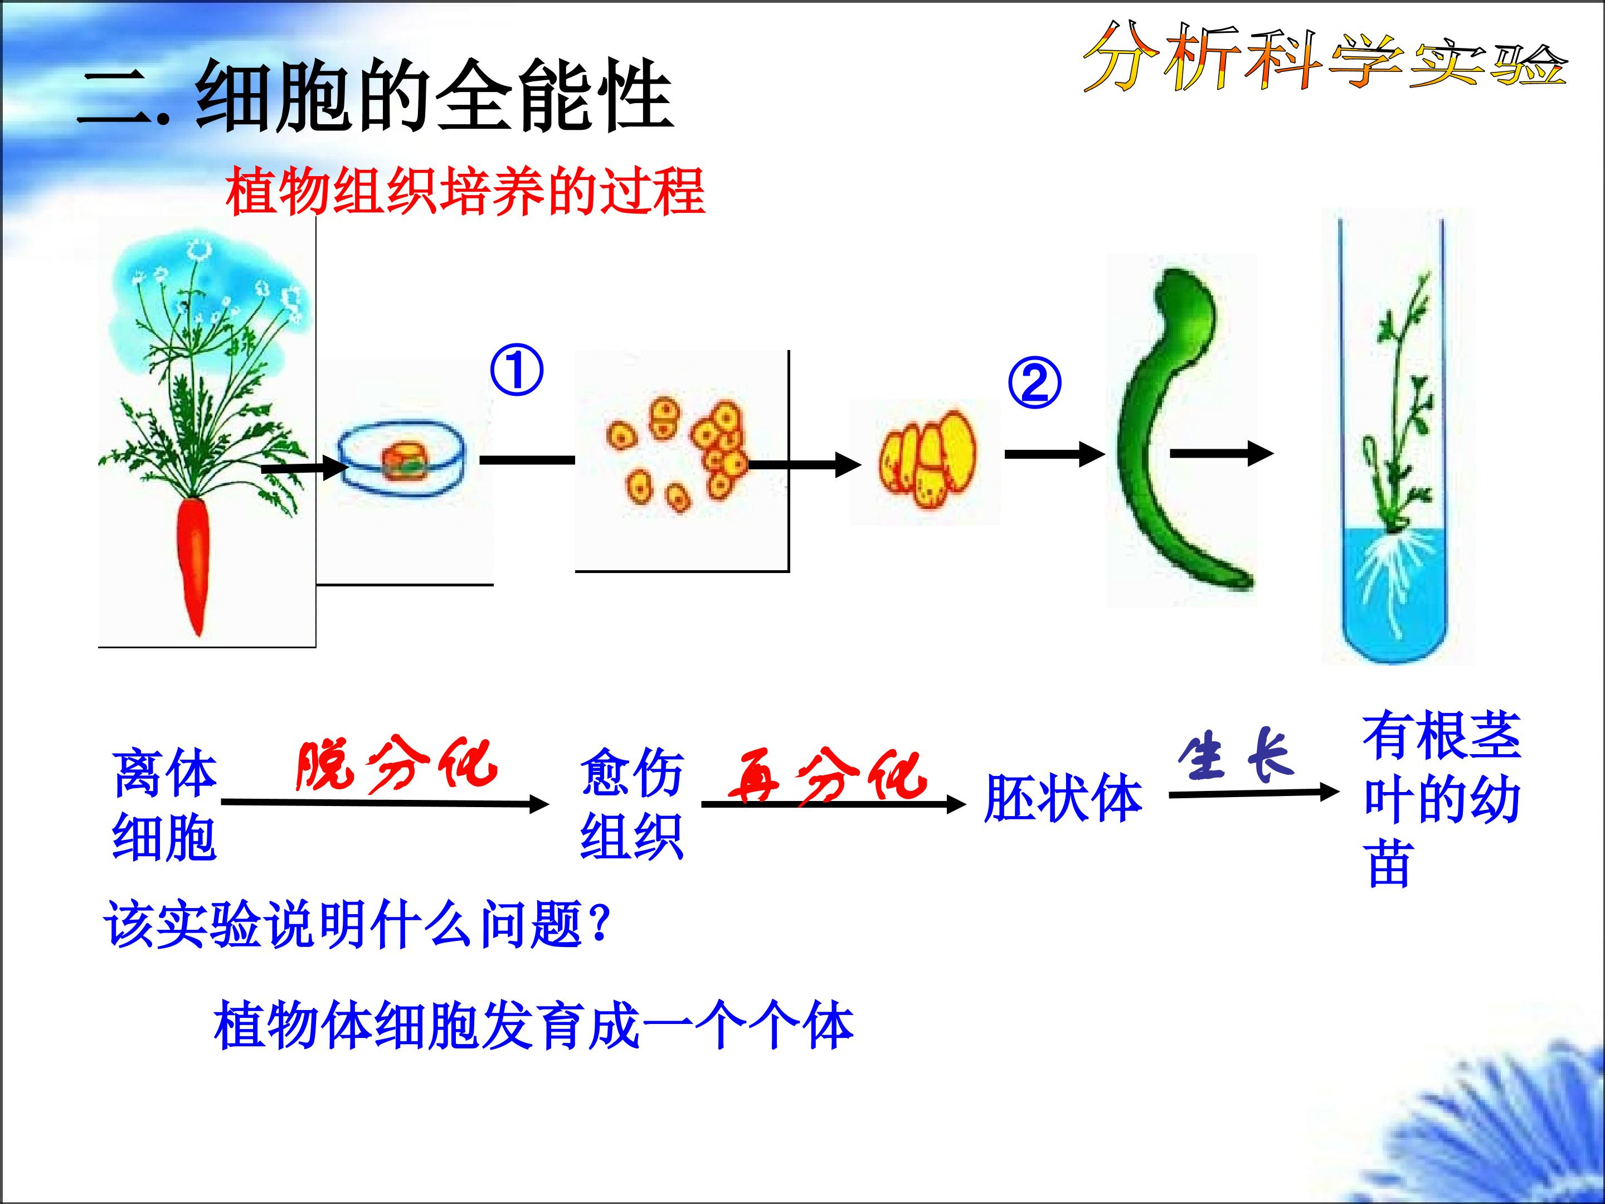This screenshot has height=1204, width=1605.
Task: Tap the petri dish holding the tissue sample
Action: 403,459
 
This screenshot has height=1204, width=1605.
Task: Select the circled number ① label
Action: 517,370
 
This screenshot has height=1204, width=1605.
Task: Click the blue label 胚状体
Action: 1063,798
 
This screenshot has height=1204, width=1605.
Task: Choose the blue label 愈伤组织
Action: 632,804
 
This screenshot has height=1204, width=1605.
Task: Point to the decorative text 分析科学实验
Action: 1325,58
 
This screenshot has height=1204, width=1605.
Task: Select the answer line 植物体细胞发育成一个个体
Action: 534,1026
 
